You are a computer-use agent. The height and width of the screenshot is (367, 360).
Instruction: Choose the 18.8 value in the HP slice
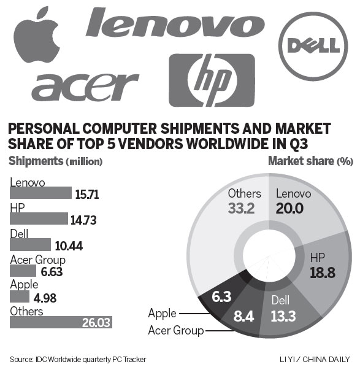click(323, 272)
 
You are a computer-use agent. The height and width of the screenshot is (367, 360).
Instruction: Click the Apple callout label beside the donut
click(162, 314)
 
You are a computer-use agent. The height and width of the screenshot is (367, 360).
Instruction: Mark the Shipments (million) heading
click(55, 161)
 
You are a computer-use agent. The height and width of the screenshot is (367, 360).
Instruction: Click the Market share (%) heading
click(310, 161)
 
